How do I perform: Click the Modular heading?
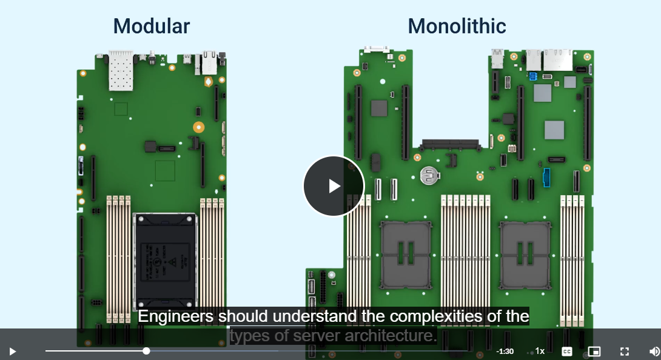point(152,26)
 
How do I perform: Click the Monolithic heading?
point(457,26)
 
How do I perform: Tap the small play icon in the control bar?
point(13,351)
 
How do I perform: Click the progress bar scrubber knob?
point(146,351)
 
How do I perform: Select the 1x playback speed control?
point(540,351)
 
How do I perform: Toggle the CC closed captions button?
point(567,351)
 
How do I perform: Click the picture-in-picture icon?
point(594,351)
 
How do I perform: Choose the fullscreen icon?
point(625,351)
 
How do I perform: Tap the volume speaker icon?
point(654,351)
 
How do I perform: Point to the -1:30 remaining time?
point(505,351)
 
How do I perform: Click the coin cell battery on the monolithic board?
point(429,175)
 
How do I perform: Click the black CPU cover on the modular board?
point(165,261)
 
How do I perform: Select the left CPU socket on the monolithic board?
point(406,255)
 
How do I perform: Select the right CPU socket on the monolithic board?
point(525,255)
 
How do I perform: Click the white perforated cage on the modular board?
point(121,70)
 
